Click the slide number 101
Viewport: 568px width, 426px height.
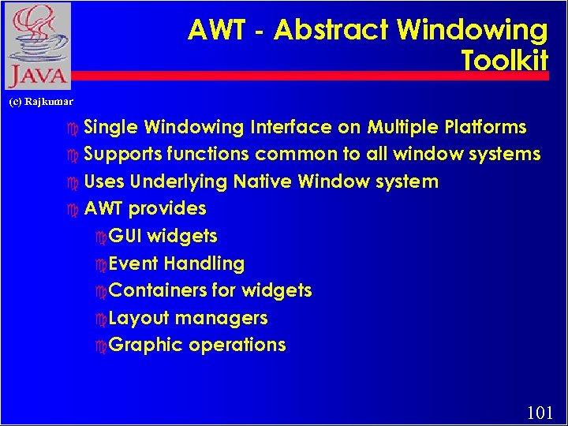coord(539,411)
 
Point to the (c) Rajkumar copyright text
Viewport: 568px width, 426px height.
coord(41,102)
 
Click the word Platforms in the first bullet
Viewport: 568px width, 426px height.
coord(485,127)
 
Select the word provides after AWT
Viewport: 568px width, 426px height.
coord(167,209)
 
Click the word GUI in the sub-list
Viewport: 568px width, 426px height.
coord(125,236)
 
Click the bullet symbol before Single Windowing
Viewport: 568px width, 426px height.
coord(73,128)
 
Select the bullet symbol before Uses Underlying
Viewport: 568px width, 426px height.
coord(73,182)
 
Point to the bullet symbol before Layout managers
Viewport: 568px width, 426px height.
coord(99,319)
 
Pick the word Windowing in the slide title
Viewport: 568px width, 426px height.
coord(472,31)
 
